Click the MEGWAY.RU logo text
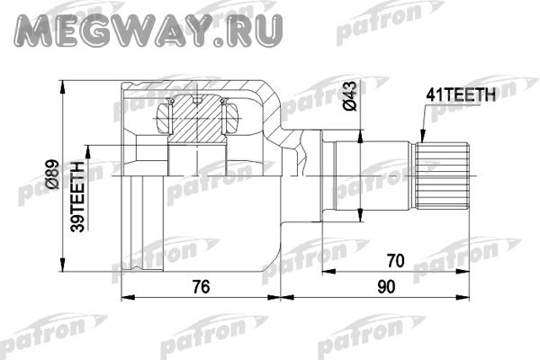(148, 30)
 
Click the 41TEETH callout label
(461, 94)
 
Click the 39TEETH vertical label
(77, 196)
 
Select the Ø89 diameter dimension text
(53, 174)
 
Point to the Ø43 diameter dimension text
(350, 95)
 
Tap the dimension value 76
(201, 286)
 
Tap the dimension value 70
(395, 261)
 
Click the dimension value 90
(386, 286)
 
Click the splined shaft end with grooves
(442, 175)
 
